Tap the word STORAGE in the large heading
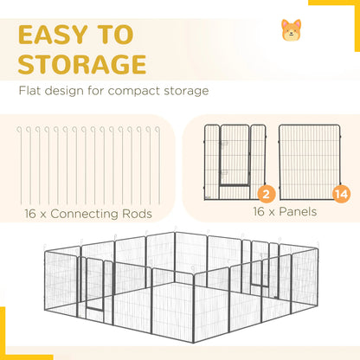tap(82, 64)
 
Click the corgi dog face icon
tap(292, 30)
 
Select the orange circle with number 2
tap(266, 194)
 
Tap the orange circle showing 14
tap(342, 194)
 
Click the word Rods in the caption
tap(137, 214)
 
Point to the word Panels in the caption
tap(298, 212)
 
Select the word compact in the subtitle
tap(134, 92)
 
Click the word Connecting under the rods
tap(85, 214)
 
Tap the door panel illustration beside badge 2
tap(235, 162)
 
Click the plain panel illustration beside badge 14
tap(310, 162)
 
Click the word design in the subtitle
tap(64, 91)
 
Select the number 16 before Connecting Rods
tap(30, 214)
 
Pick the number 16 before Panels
tap(259, 212)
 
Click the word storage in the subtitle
tap(186, 91)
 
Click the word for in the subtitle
tap(96, 91)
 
